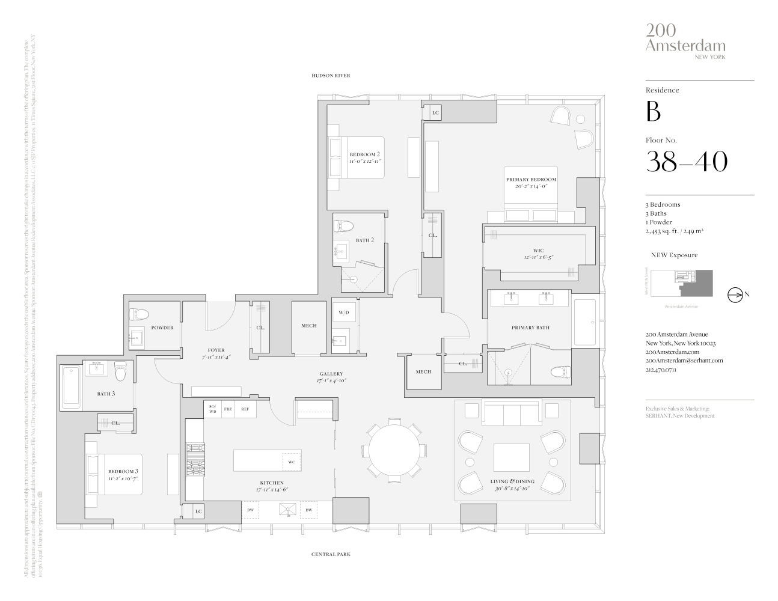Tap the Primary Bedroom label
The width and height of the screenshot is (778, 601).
pyautogui.click(x=530, y=180)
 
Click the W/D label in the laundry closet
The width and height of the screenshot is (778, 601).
pyautogui.click(x=344, y=313)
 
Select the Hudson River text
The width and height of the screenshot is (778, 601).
pyautogui.click(x=330, y=76)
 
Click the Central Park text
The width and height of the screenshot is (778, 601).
pyautogui.click(x=331, y=554)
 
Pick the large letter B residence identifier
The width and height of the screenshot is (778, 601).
pyautogui.click(x=653, y=112)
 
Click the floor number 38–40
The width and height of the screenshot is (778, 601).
pyautogui.click(x=686, y=161)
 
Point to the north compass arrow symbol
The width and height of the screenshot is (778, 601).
pyautogui.click(x=735, y=294)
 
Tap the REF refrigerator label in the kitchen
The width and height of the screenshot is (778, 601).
pyautogui.click(x=245, y=409)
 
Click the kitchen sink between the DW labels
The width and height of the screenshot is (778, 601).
pyautogui.click(x=286, y=510)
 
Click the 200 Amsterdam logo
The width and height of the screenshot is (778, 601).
pyautogui.click(x=685, y=40)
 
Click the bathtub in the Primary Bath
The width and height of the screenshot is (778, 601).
pyautogui.click(x=584, y=322)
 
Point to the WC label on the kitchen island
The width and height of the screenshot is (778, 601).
pyautogui.click(x=291, y=462)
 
